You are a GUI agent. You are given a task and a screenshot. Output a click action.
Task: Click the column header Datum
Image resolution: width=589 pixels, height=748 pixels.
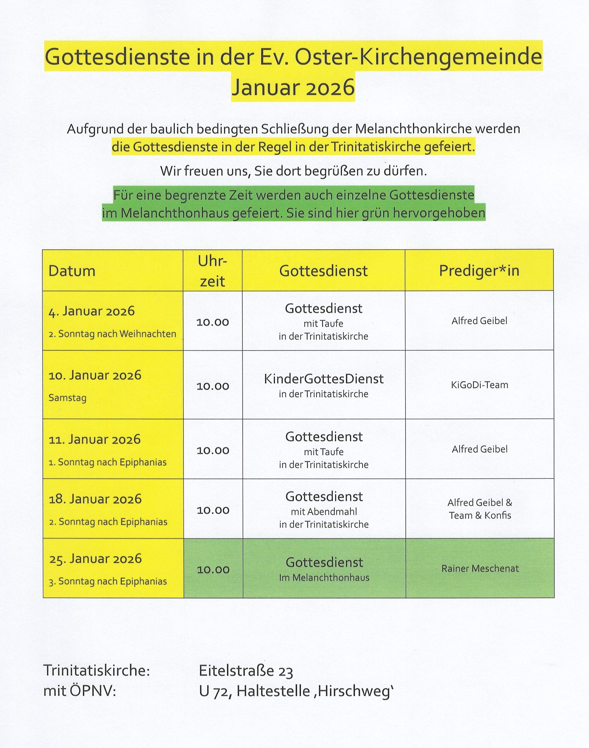tap(72, 271)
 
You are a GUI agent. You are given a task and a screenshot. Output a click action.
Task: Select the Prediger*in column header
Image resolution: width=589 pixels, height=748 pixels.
tap(479, 271)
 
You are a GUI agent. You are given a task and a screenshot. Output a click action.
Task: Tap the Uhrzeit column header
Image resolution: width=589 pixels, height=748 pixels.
tap(212, 271)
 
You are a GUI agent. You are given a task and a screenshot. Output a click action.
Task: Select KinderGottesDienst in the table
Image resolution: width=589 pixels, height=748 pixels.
tap(324, 379)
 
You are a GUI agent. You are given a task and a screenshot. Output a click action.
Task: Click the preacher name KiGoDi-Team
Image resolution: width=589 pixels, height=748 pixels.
tap(479, 385)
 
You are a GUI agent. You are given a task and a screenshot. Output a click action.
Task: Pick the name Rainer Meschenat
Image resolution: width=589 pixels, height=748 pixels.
tap(480, 568)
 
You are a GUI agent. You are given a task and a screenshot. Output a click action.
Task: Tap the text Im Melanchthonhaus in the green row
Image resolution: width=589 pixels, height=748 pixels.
tap(324, 578)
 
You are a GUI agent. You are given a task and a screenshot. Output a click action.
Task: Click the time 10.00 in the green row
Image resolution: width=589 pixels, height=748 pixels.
tap(213, 569)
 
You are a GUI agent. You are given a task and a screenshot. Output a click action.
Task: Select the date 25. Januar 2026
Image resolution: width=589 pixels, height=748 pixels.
tap(95, 559)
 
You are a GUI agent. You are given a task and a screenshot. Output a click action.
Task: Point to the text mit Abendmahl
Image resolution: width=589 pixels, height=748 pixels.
tap(324, 512)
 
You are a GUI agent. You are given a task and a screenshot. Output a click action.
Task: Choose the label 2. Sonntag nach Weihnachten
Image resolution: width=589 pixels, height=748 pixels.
tap(112, 334)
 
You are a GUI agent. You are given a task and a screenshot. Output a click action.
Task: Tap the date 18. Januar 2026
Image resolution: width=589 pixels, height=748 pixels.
tap(95, 499)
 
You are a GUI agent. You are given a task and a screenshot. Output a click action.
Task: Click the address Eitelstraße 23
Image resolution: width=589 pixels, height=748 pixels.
tap(246, 671)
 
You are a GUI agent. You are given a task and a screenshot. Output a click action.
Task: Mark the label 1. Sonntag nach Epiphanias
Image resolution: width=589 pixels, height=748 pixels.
tap(108, 462)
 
